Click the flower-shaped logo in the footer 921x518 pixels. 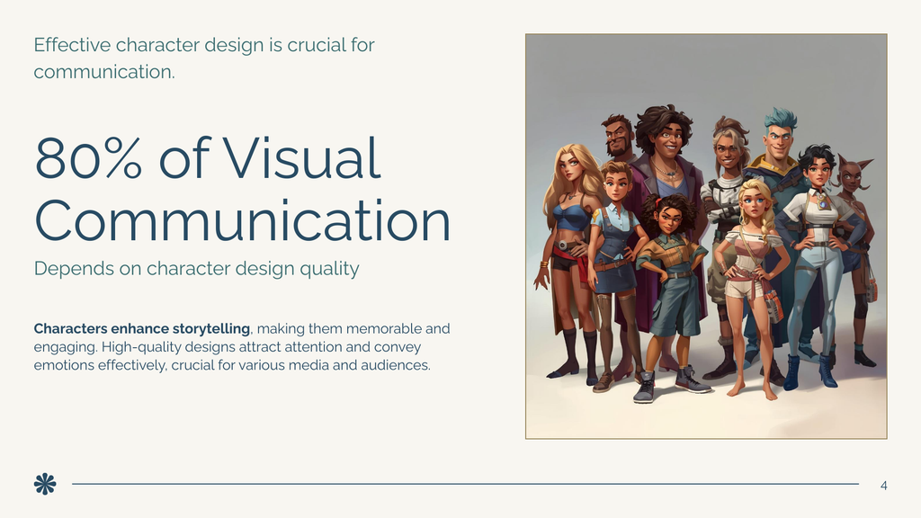(45, 484)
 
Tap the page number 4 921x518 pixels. (883, 486)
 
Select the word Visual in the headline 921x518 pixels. (303, 158)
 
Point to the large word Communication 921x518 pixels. (242, 219)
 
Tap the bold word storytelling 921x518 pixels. (206, 328)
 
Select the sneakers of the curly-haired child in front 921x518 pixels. (669, 383)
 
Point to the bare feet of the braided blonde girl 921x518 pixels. (751, 389)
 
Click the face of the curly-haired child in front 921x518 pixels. (667, 219)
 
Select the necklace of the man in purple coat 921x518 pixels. (666, 170)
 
